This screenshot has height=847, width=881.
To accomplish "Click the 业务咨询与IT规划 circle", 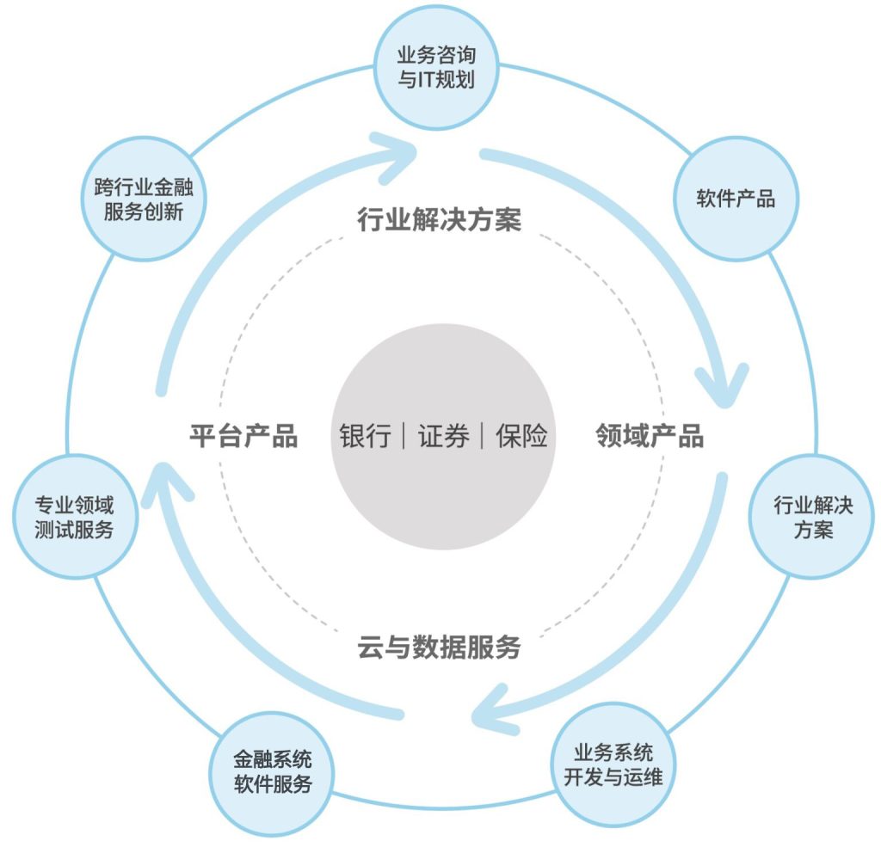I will (x=436, y=68).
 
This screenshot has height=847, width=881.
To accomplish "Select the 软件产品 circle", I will (x=735, y=199).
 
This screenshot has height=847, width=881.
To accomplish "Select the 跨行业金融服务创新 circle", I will (x=143, y=199).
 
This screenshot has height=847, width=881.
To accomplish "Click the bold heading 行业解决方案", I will (x=439, y=220).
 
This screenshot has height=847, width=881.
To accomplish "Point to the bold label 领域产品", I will (x=650, y=436).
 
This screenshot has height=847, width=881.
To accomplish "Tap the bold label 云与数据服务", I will (x=439, y=647).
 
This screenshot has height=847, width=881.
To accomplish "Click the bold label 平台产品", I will (x=243, y=436).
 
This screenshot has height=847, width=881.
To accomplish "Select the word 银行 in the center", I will (x=365, y=436).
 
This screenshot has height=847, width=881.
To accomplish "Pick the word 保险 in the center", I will (x=521, y=436).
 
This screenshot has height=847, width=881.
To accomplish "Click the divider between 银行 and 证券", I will (x=404, y=436).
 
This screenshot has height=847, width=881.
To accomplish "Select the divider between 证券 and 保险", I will (x=483, y=436).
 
